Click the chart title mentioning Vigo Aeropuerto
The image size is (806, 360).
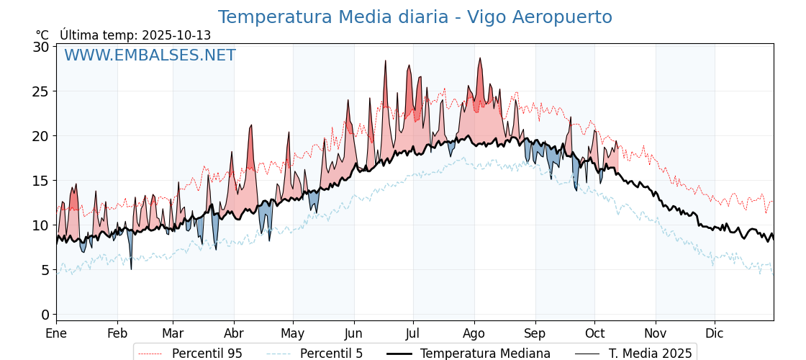coord(415,17)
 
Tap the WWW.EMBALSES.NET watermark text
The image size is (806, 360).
coord(150,55)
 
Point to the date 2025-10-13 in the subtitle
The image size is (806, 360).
coord(176,35)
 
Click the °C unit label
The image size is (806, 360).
coord(42,35)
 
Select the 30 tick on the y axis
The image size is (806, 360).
coord(41,47)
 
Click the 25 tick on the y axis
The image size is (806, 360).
coord(41,91)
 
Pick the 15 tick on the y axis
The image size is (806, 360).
coord(41,181)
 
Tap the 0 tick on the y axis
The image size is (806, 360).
coord(45,315)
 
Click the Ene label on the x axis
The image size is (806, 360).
coord(56,333)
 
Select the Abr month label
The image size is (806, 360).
coord(234,333)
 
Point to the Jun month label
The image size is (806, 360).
coord(353,333)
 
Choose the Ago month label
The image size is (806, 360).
coord(474,333)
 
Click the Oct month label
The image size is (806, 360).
coord(594,333)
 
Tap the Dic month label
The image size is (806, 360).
coord(715,333)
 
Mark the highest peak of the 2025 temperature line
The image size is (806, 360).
coord(480,58)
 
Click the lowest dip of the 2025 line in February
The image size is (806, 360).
coord(131,269)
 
